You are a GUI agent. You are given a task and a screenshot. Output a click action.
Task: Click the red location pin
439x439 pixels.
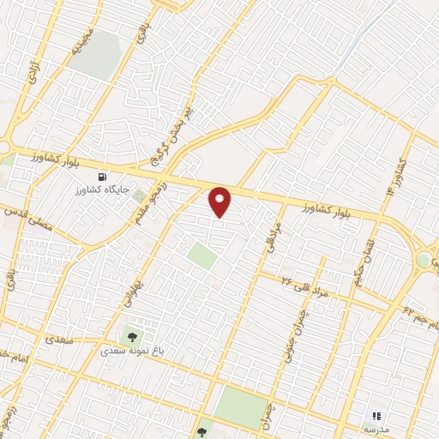pyautogui.click(x=220, y=201)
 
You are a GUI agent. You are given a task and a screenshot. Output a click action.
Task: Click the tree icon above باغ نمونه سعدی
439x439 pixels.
pyautogui.click(x=132, y=335)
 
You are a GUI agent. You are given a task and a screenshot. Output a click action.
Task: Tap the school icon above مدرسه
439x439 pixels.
pyautogui.click(x=376, y=415)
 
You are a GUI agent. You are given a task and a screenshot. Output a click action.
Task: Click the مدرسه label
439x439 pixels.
pyautogui.click(x=376, y=429)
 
